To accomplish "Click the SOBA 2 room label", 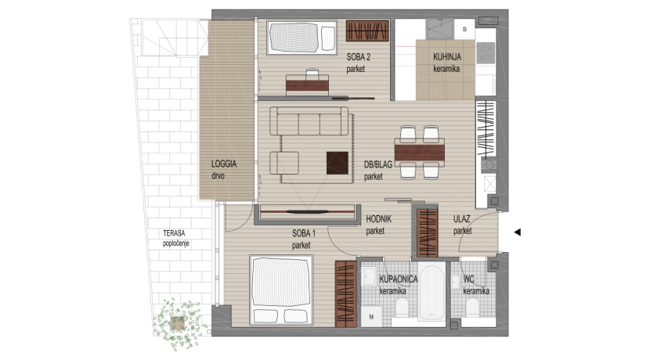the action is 358,57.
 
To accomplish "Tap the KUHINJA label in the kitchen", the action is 447,57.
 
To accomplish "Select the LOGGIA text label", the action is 224,164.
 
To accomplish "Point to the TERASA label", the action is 174,233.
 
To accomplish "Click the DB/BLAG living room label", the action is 378,164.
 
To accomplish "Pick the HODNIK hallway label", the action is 378,219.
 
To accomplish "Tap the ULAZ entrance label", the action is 461,218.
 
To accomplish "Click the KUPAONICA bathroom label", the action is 399,279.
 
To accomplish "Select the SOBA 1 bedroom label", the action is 303,233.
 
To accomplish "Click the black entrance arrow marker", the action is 517,232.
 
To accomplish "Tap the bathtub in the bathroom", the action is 432,291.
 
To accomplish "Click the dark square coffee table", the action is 337,163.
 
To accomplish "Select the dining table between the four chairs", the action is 419,152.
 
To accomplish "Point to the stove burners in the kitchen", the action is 486,52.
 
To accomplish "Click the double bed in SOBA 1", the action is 281,290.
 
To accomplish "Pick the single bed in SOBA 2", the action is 302,38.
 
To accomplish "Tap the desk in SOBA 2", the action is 307,85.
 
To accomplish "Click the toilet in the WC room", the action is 472,307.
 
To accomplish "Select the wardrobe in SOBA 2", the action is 367,31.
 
